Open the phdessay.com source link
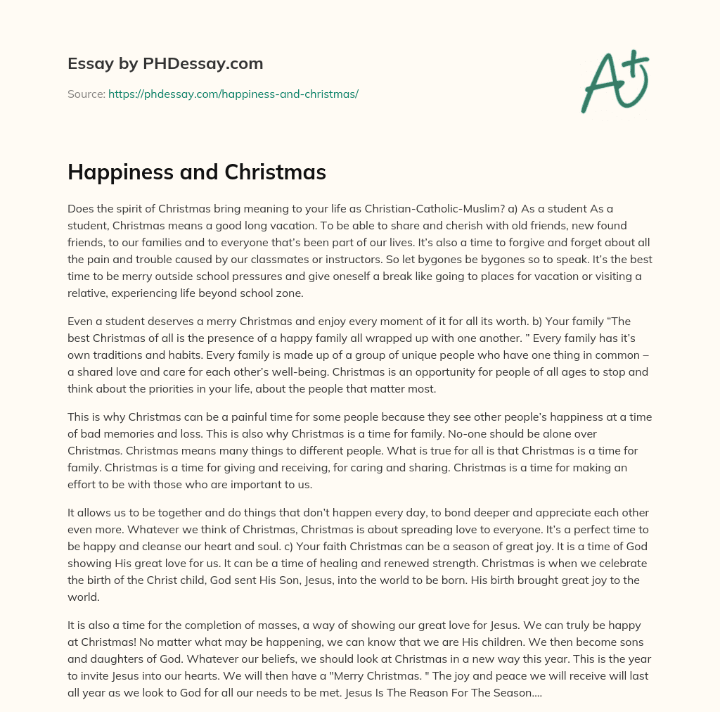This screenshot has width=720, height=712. [x=233, y=94]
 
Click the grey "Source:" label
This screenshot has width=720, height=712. [x=86, y=94]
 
